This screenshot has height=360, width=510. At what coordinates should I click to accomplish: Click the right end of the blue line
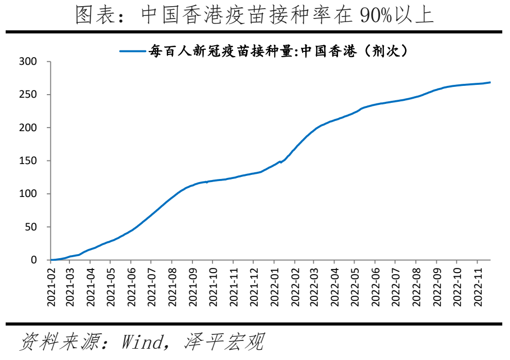pyautogui.click(x=490, y=82)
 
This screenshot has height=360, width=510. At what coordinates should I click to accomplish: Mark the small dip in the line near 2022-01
pyautogui.click(x=281, y=163)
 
